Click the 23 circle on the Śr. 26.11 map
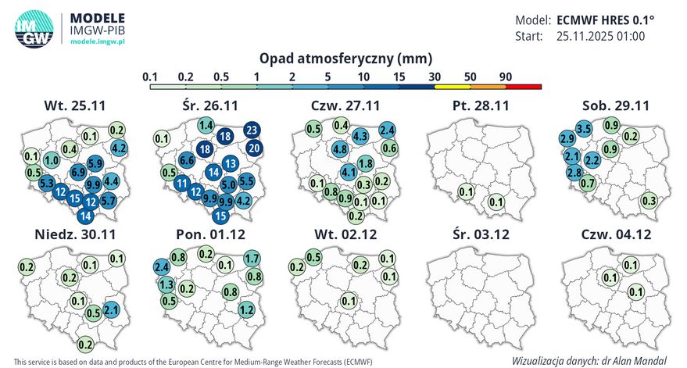point(252,130)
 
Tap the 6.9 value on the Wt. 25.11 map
point(78,171)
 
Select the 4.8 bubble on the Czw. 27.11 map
point(340,148)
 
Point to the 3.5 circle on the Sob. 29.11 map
point(584,128)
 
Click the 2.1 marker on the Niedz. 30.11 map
point(110,310)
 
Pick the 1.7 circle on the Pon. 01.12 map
point(252,259)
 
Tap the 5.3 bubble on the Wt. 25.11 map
point(46,184)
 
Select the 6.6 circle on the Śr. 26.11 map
point(187,160)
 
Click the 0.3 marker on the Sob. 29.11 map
point(648,201)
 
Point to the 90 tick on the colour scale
point(505,77)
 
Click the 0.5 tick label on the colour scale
point(221,77)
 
